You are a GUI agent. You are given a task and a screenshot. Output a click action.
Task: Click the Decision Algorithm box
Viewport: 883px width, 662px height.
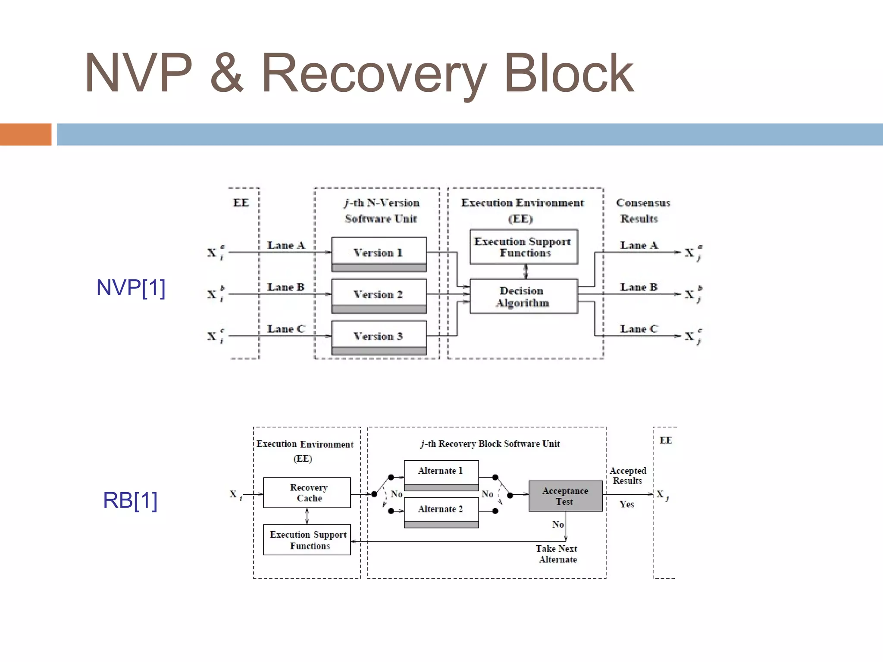point(523,297)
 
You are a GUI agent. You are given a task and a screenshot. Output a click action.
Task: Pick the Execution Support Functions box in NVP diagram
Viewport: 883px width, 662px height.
point(523,247)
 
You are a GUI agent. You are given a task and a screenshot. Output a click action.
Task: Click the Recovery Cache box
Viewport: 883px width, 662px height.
point(307,493)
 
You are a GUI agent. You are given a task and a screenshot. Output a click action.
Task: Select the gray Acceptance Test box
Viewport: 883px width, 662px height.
point(565,496)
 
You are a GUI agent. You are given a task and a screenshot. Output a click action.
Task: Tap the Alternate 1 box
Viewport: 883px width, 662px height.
point(441,472)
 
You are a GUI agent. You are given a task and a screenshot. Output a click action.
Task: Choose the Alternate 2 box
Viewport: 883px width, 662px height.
point(441,509)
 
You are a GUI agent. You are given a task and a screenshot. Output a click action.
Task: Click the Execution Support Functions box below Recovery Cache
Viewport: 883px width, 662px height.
point(307,540)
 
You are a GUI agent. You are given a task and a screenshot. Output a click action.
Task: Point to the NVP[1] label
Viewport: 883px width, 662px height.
point(131,287)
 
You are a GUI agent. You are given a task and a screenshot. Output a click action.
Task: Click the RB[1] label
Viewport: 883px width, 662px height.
point(130,500)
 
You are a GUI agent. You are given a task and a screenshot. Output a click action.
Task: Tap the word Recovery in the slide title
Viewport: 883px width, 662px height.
point(373,74)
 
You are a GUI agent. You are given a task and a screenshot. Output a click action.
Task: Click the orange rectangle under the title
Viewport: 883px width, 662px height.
point(25,134)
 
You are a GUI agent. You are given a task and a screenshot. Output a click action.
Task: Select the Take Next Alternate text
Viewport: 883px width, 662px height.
point(557,554)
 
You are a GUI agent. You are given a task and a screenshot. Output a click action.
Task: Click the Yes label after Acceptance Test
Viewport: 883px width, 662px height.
point(626,504)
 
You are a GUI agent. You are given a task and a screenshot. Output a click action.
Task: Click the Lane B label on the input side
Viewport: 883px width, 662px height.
point(286,287)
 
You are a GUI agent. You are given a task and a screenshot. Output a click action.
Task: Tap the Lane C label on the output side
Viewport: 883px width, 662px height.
point(639,329)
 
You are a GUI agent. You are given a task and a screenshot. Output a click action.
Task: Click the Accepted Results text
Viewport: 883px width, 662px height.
point(628,475)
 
